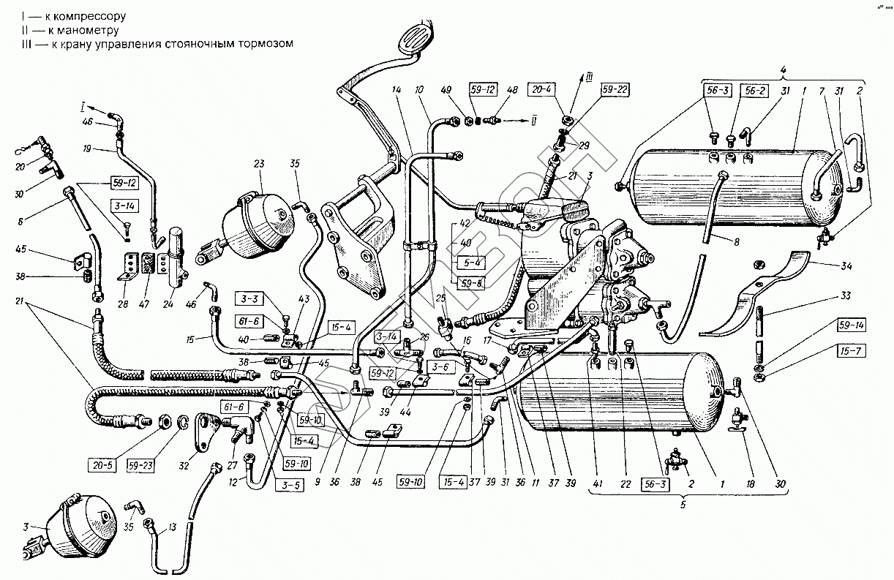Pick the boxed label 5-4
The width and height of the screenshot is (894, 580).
[x=467, y=261]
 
